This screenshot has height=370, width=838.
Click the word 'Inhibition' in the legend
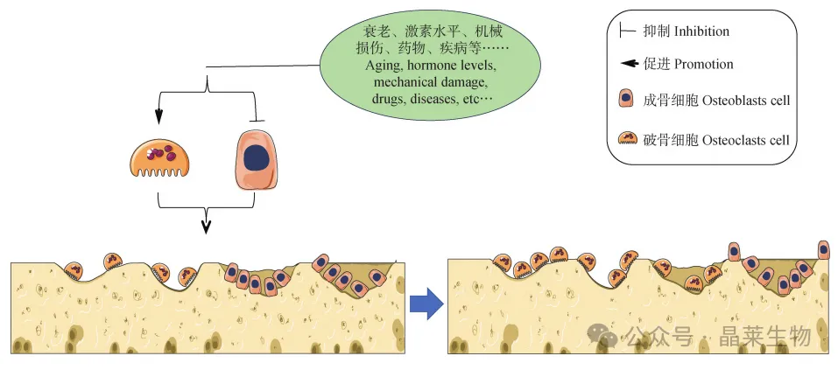(x=701, y=31)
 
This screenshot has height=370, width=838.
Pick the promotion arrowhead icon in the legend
(x=627, y=64)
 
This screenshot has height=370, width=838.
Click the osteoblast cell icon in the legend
(x=627, y=99)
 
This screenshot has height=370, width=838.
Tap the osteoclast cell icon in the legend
(x=627, y=137)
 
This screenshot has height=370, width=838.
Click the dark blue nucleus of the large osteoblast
(x=256, y=158)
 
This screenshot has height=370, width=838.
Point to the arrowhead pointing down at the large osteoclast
(x=158, y=117)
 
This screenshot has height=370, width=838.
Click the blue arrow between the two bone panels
(x=426, y=304)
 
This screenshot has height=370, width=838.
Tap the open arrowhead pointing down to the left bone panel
(x=206, y=227)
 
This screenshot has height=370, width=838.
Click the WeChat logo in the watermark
(x=601, y=336)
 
